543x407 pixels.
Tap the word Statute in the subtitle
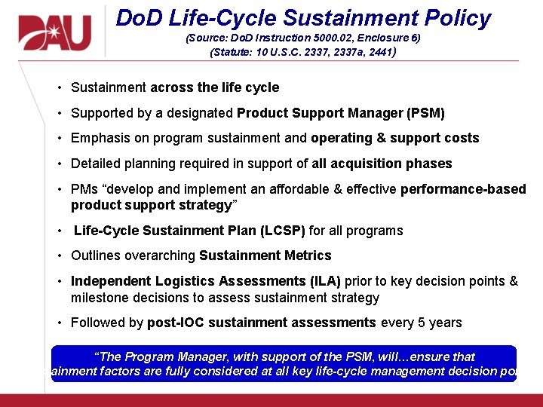click(x=232, y=53)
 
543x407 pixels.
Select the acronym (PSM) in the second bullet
click(x=425, y=113)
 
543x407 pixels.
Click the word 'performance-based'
click(x=463, y=189)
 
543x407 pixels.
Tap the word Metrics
click(x=305, y=256)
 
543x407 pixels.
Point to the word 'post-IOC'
click(x=174, y=323)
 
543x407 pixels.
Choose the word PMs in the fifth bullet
click(x=84, y=189)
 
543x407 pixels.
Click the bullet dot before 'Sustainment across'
click(x=59, y=87)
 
